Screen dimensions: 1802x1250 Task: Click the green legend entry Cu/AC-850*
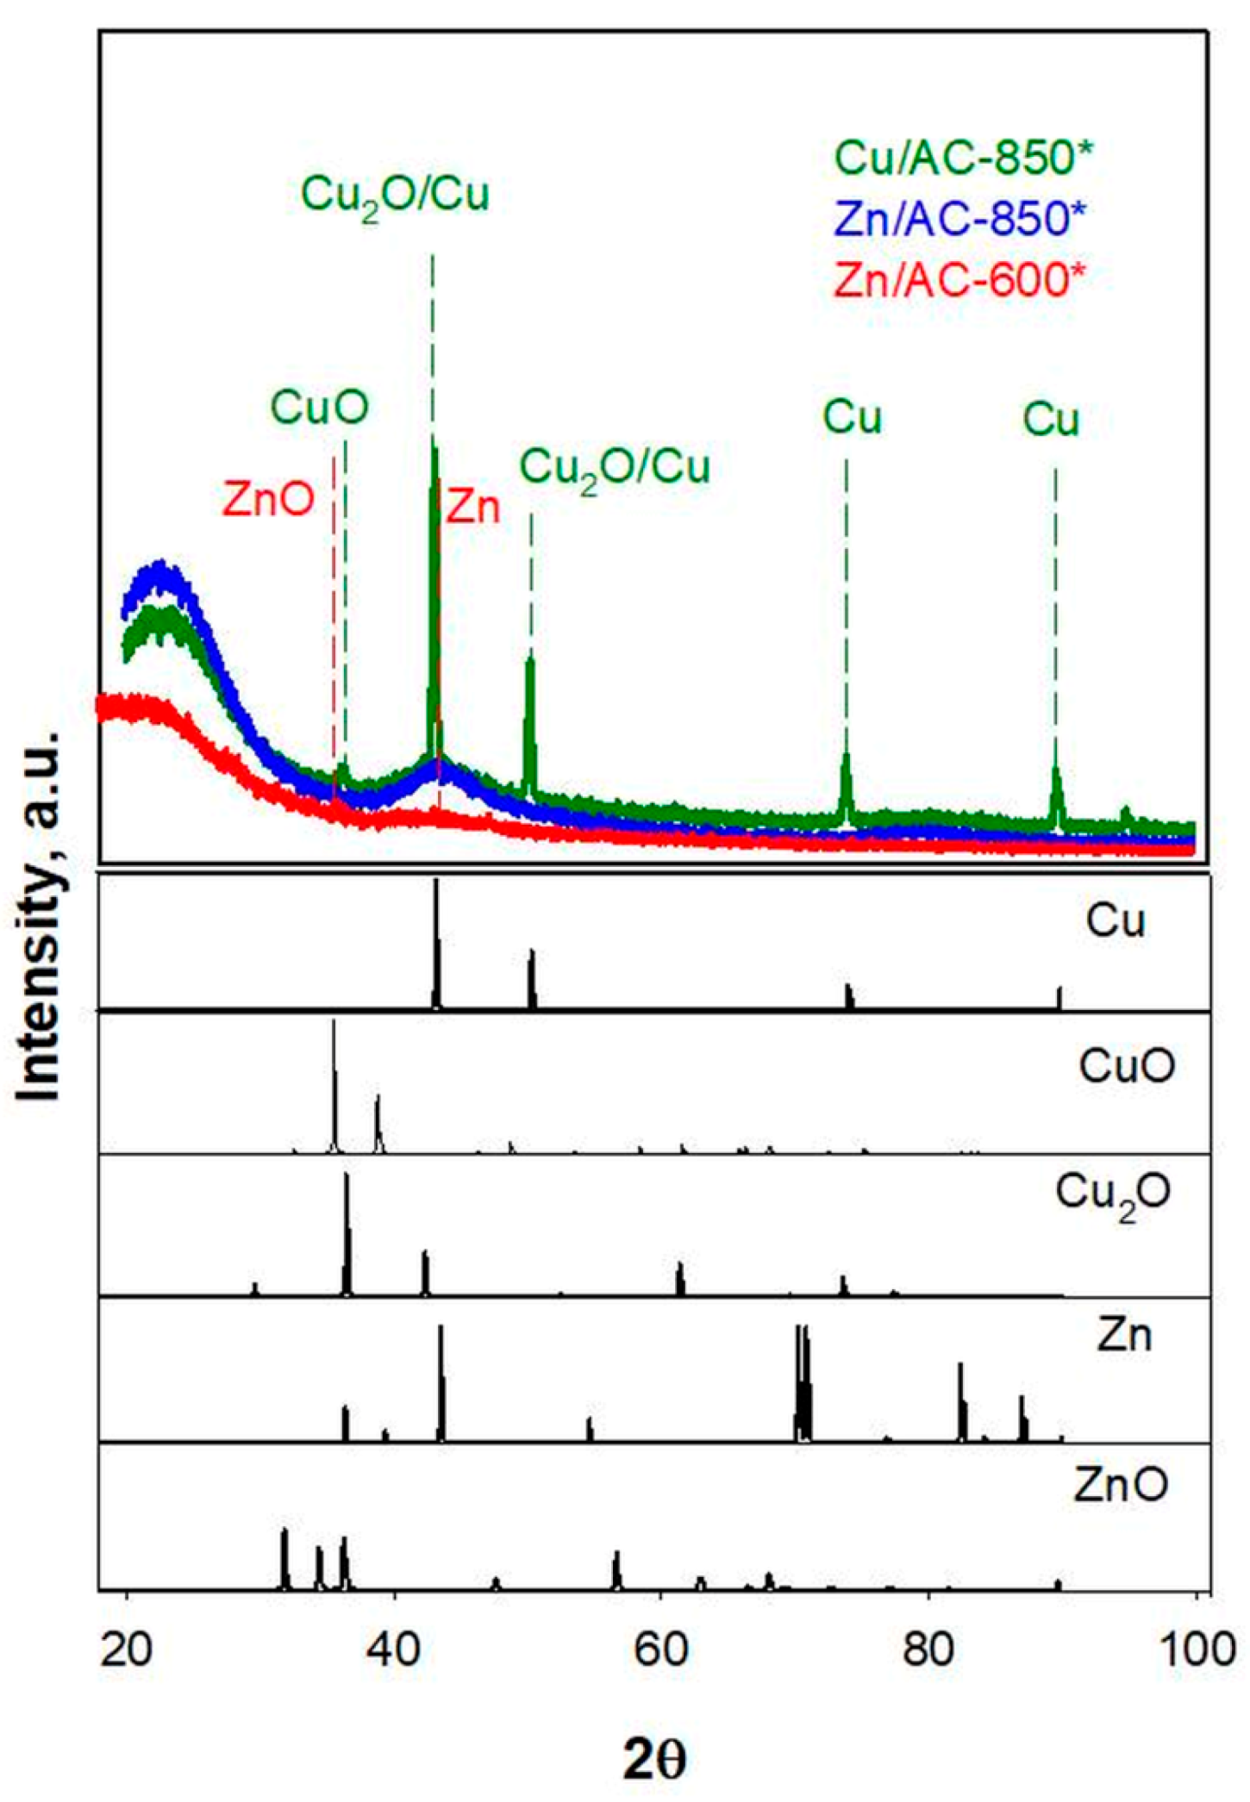pyautogui.click(x=963, y=158)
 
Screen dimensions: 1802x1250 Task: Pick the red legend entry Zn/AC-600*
pyautogui.click(x=959, y=279)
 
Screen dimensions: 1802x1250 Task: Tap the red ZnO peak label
pyautogui.click(x=268, y=499)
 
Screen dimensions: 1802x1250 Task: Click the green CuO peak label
pyautogui.click(x=320, y=407)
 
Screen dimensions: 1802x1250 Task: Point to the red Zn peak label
pyautogui.click(x=472, y=507)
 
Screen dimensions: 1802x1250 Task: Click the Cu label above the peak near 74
pyautogui.click(x=852, y=417)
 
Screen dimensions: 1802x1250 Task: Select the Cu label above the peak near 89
pyautogui.click(x=1051, y=420)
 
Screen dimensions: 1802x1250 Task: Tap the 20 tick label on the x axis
pyautogui.click(x=127, y=1649)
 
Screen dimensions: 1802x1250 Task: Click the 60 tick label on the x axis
pyautogui.click(x=660, y=1649)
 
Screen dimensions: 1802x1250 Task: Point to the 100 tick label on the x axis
pyautogui.click(x=1197, y=1649)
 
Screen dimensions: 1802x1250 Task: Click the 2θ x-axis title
pyautogui.click(x=654, y=1761)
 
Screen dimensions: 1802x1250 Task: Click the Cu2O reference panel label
pyautogui.click(x=1113, y=1195)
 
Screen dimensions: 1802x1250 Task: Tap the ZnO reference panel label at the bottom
pyautogui.click(x=1121, y=1484)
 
